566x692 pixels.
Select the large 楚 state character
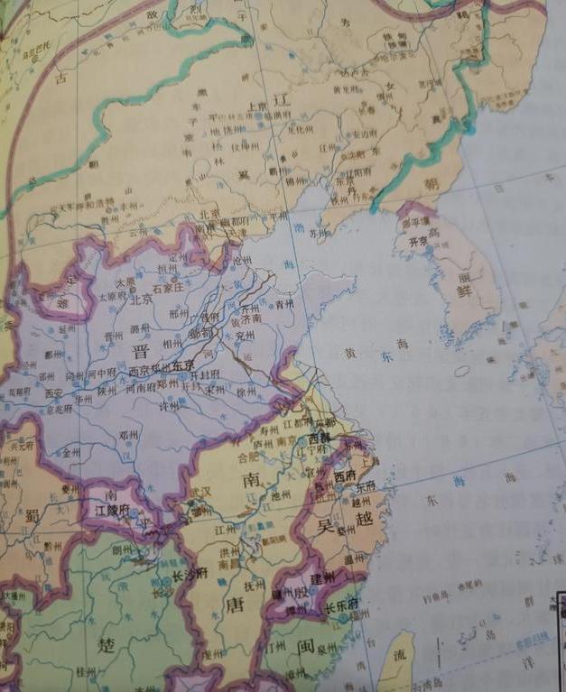point(106,645)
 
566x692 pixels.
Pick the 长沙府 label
point(190,572)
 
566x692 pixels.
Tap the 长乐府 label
point(340,605)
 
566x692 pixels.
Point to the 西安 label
point(54,393)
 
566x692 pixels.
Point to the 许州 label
point(169,407)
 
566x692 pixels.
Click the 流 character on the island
point(399,657)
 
